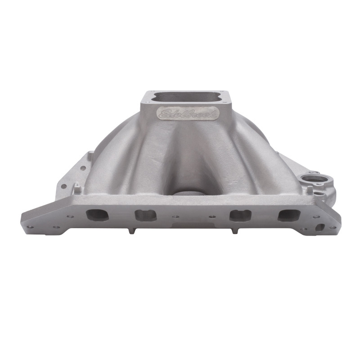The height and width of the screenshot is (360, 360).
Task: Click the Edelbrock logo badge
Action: tap(188, 113)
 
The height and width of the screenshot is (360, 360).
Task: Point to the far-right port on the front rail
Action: tap(287, 215)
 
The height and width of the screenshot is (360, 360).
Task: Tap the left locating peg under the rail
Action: tap(130, 230)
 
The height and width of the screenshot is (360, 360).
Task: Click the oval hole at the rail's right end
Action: tap(320, 227)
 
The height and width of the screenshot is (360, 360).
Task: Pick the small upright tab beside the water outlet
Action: tap(310, 190)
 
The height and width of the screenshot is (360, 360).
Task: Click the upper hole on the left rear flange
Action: tap(83, 168)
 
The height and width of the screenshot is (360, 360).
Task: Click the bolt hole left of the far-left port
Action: tap(69, 216)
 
